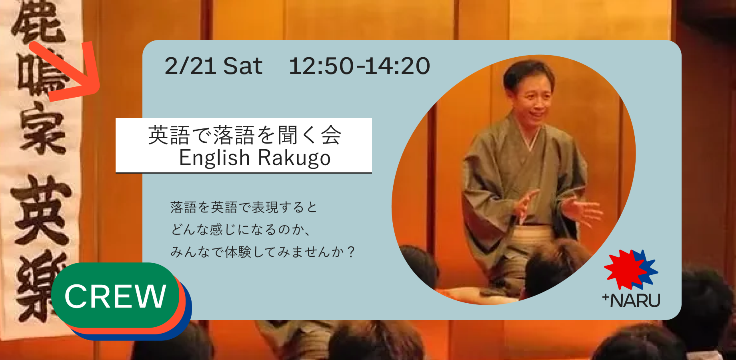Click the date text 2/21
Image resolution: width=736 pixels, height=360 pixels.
(190, 66)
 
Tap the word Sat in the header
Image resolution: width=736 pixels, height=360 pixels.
(242, 66)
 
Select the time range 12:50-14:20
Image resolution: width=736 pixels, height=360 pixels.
(359, 66)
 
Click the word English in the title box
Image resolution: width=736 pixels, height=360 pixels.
(214, 158)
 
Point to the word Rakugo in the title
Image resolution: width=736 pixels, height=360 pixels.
(294, 158)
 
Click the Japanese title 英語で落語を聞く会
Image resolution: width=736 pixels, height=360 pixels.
(244, 135)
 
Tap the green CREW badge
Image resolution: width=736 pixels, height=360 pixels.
(115, 296)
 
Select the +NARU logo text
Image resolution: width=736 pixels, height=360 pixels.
(632, 300)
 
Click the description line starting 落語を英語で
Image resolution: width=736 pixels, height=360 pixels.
(244, 207)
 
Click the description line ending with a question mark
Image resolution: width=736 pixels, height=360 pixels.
(262, 252)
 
